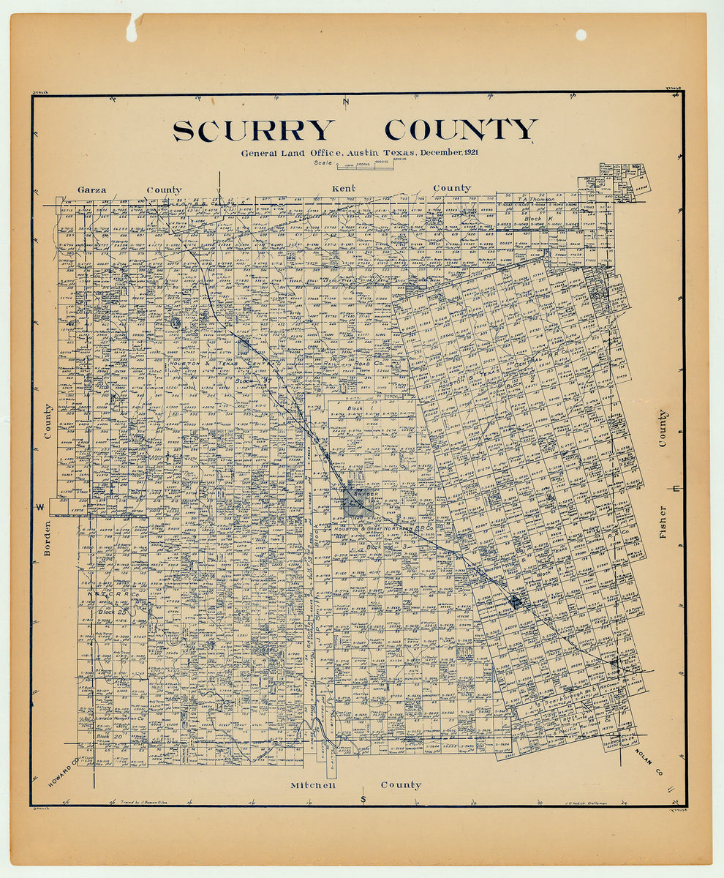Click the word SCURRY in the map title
click(x=253, y=130)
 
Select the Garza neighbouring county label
click(x=92, y=190)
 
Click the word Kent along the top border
click(x=344, y=189)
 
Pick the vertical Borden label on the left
click(x=47, y=538)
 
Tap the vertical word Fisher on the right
click(x=663, y=522)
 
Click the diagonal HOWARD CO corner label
click(x=65, y=773)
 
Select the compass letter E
click(x=676, y=489)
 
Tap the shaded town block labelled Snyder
click(x=358, y=502)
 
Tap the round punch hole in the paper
click(x=581, y=34)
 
